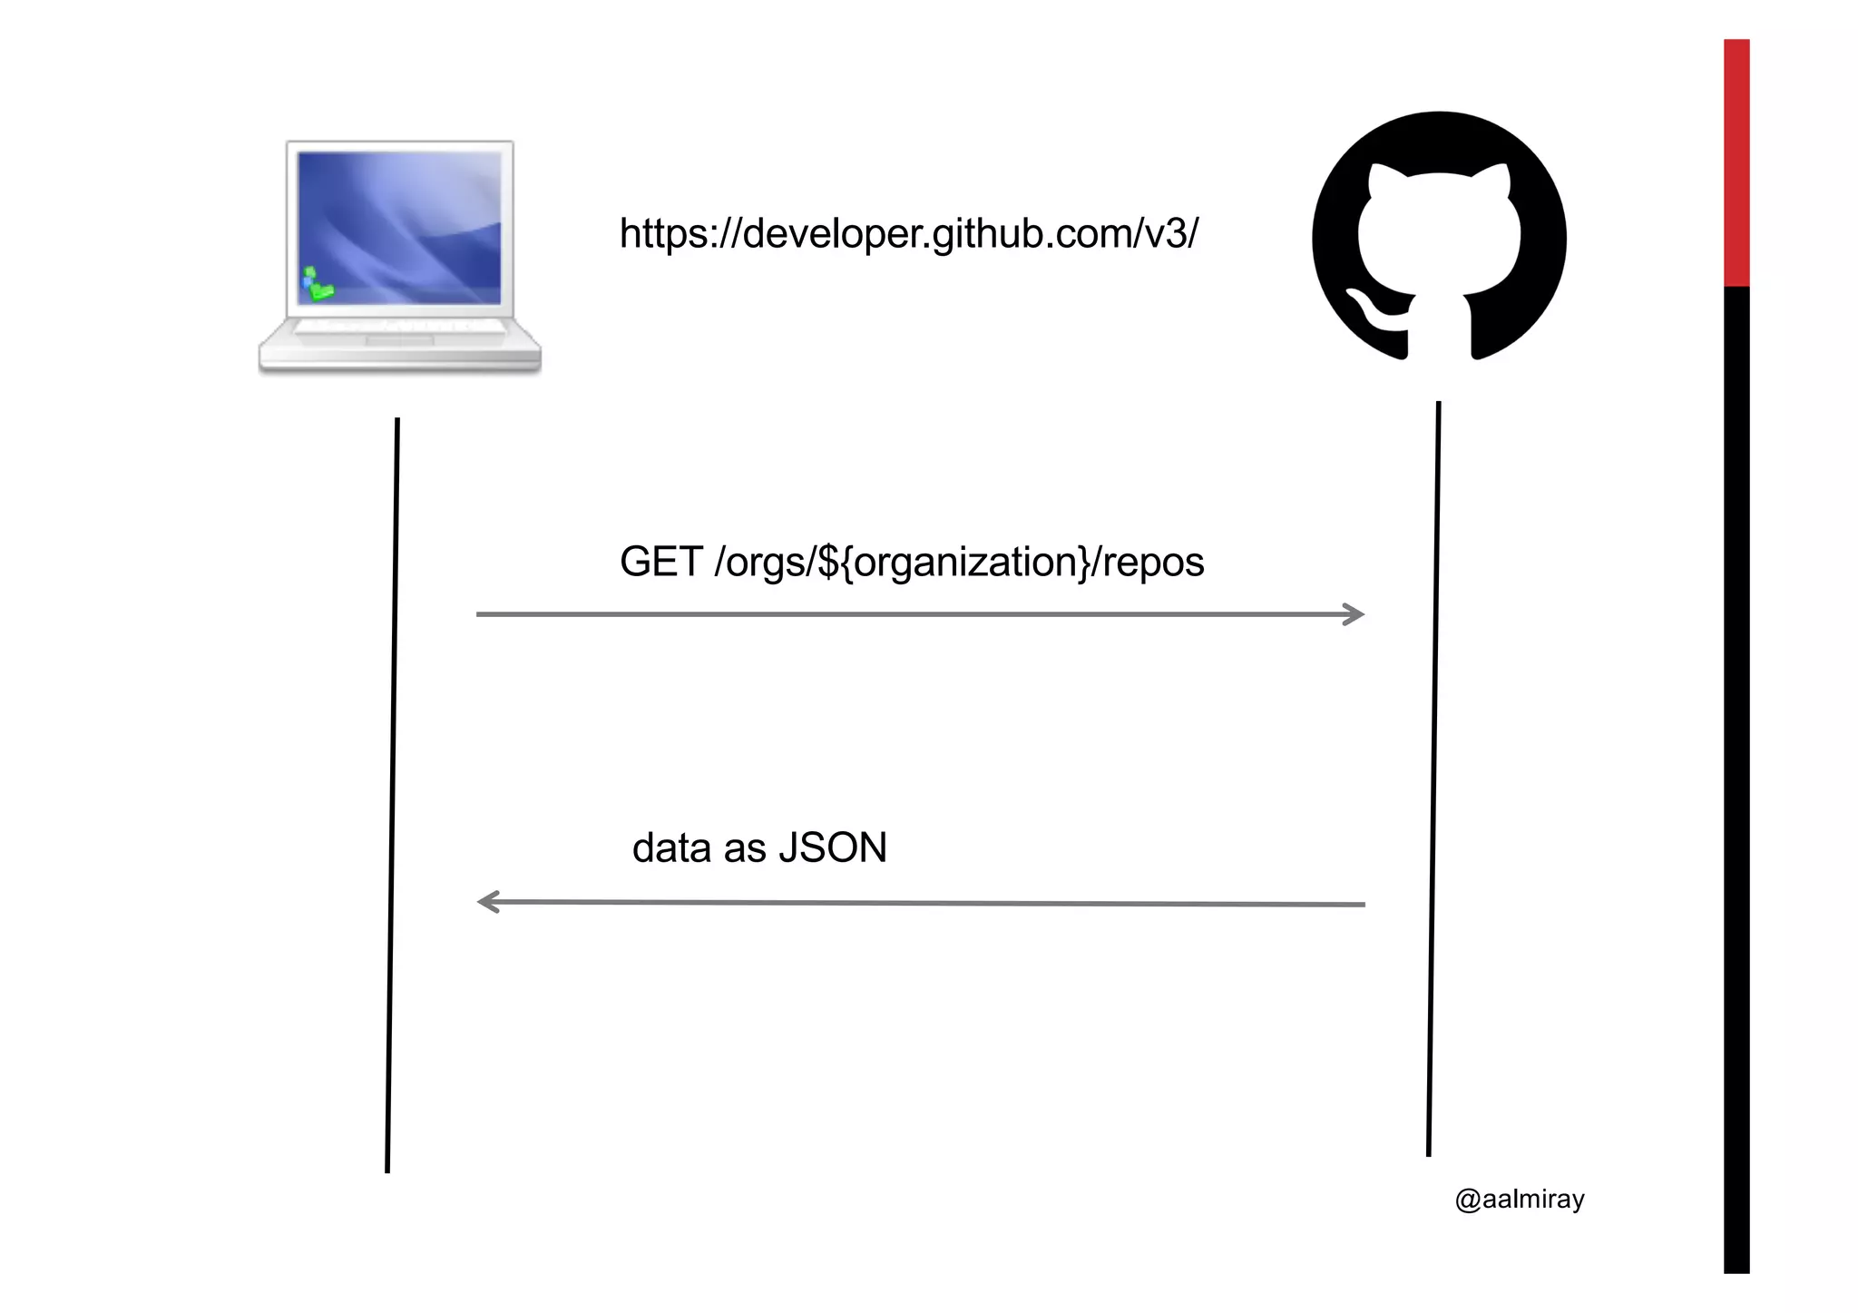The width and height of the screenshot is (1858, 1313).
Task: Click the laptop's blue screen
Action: [x=399, y=227]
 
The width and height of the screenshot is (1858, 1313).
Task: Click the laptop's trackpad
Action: [x=399, y=340]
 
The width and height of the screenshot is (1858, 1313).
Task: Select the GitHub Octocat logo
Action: [x=1439, y=236]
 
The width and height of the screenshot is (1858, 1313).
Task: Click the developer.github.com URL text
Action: [x=908, y=234]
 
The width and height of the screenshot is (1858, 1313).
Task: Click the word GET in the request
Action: [x=660, y=562]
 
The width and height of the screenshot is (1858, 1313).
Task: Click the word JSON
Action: [x=832, y=848]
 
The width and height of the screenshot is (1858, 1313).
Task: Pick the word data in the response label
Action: [x=671, y=848]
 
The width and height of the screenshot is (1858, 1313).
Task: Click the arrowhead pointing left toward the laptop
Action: [x=488, y=902]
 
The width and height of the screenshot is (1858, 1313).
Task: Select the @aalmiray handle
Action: [x=1520, y=1200]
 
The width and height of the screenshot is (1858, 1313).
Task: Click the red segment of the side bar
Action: [x=1736, y=163]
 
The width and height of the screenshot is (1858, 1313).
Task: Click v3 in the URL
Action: [x=1169, y=234]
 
